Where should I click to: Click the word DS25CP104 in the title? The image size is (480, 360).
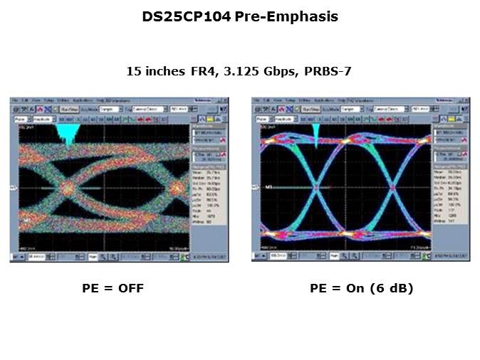[186, 16]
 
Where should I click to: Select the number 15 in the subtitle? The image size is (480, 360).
[133, 71]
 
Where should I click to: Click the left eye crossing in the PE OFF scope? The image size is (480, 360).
[67, 188]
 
